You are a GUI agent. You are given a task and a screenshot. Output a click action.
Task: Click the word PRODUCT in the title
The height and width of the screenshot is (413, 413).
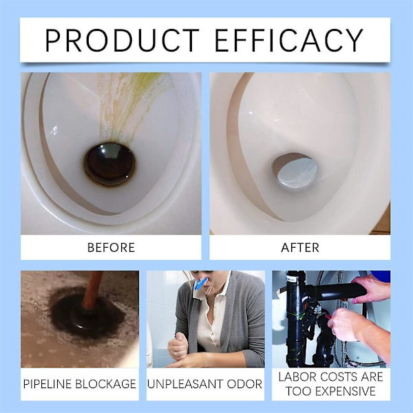[122, 41]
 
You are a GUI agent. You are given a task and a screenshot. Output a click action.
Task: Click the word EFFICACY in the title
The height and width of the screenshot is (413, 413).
[289, 41]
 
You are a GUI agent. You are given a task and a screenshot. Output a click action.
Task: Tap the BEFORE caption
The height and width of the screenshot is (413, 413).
[111, 248]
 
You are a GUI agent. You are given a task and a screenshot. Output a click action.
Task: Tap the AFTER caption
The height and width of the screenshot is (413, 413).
[300, 248]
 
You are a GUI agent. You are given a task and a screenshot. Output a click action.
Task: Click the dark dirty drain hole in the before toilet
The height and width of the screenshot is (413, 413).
[110, 165]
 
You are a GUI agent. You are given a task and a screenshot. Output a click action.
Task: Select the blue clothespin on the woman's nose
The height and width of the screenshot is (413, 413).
[201, 285]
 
